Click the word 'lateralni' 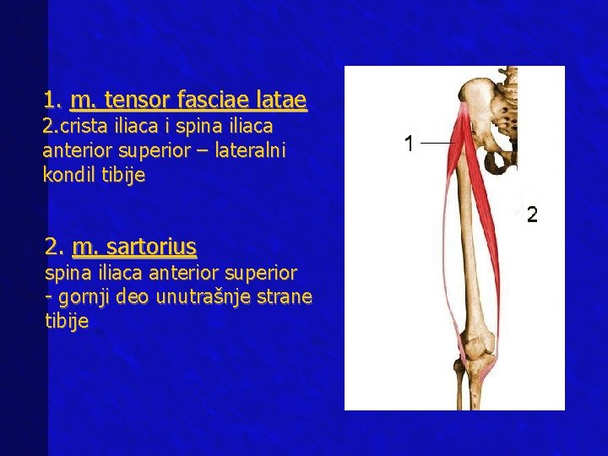pos(250,150)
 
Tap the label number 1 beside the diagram pos(409,144)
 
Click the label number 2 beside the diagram pos(532,214)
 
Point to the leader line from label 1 pos(437,143)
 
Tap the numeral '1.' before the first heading pos(52,100)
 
